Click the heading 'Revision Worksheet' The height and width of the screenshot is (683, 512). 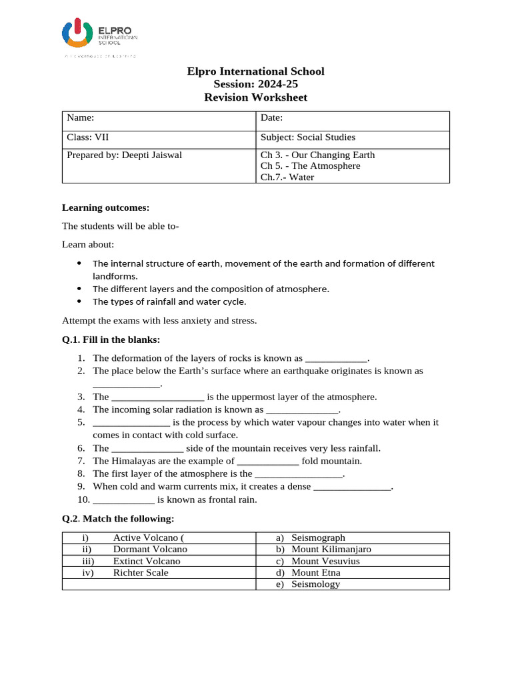click(255, 97)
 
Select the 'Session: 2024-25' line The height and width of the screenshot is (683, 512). click(255, 84)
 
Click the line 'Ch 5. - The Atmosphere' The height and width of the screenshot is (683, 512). click(310, 165)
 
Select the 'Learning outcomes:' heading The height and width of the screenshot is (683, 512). click(101, 207)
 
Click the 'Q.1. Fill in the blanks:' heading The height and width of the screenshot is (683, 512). click(111, 339)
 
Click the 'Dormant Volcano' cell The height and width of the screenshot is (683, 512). click(150, 549)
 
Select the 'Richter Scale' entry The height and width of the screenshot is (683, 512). click(141, 572)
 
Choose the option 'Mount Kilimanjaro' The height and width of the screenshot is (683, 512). click(331, 549)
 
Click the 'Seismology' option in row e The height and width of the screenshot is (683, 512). click(316, 584)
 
